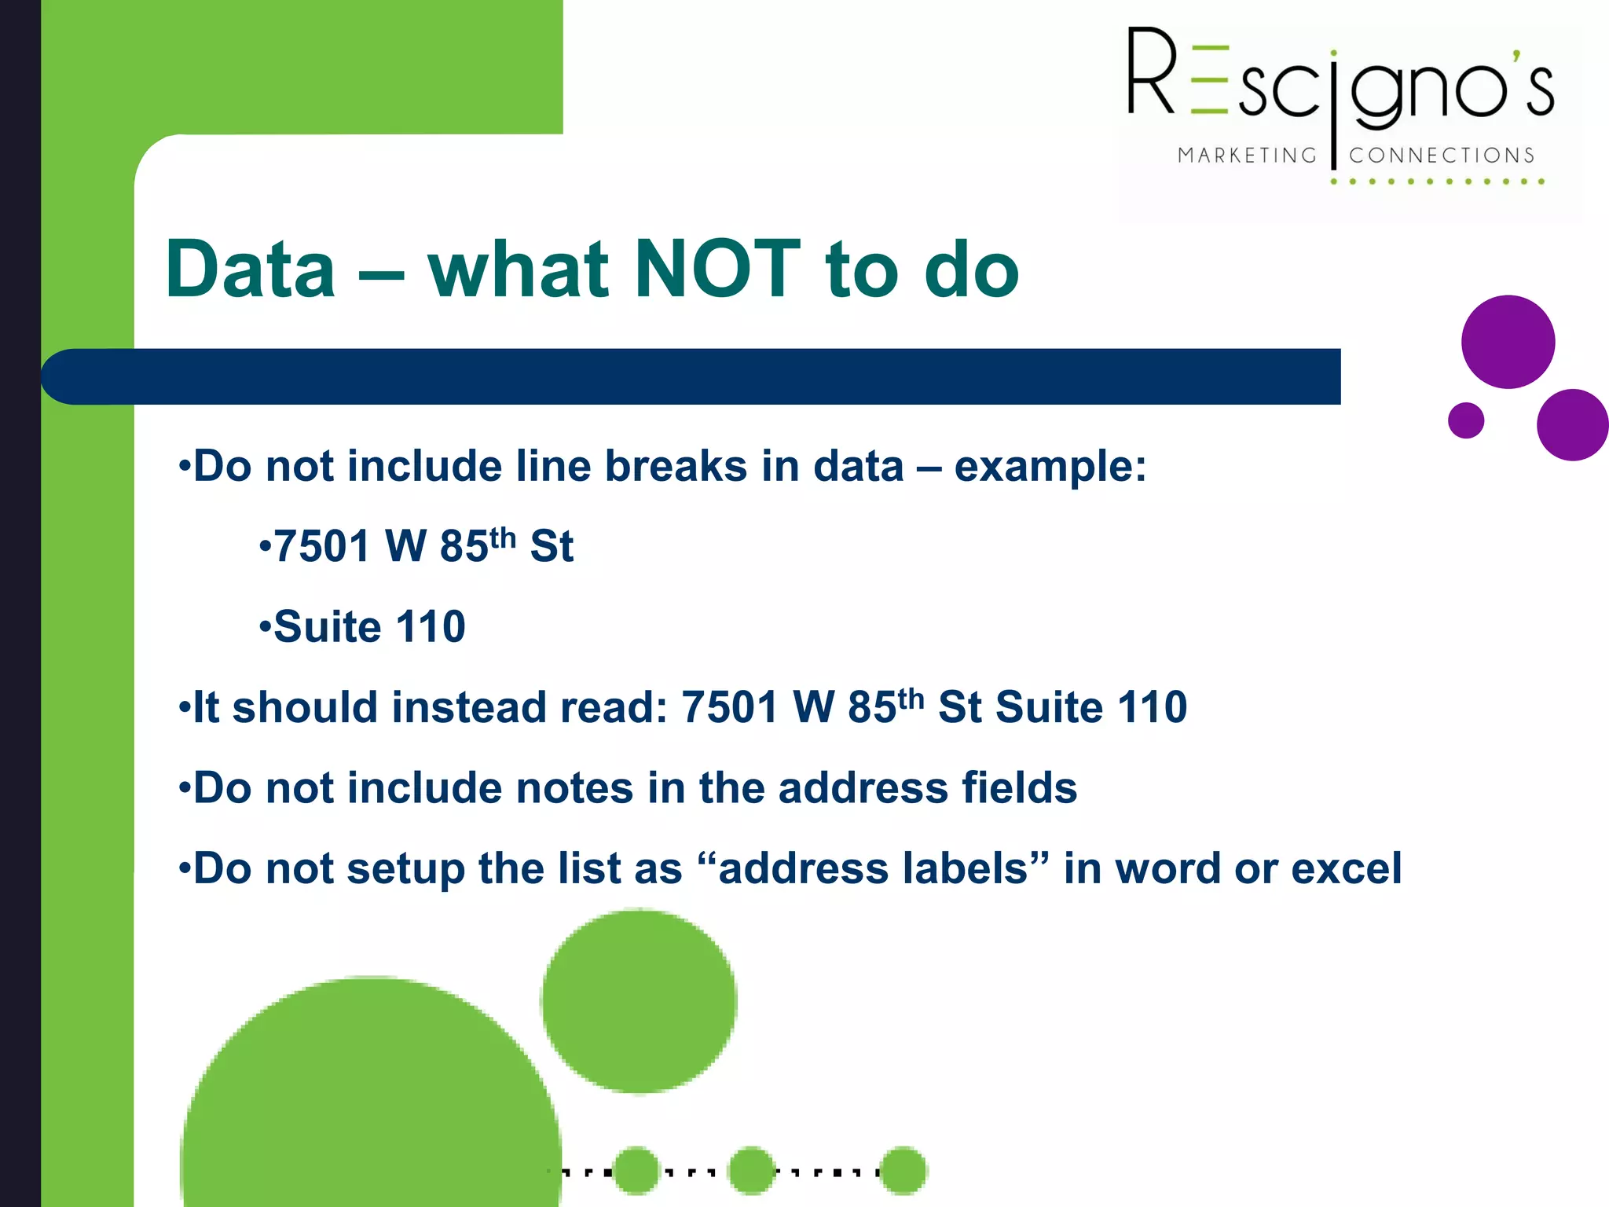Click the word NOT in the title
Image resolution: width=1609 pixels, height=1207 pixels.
717,270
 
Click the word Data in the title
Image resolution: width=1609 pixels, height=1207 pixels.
251,270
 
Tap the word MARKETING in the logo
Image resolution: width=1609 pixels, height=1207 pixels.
1247,156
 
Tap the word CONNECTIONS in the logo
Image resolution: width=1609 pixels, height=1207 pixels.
1442,156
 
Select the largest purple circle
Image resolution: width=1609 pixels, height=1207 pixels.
1508,342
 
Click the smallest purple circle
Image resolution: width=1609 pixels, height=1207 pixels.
1465,420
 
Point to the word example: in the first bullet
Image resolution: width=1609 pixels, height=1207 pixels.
1050,467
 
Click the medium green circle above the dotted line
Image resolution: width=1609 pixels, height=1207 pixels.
639,1001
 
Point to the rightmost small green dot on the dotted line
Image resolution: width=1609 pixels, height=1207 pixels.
903,1171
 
